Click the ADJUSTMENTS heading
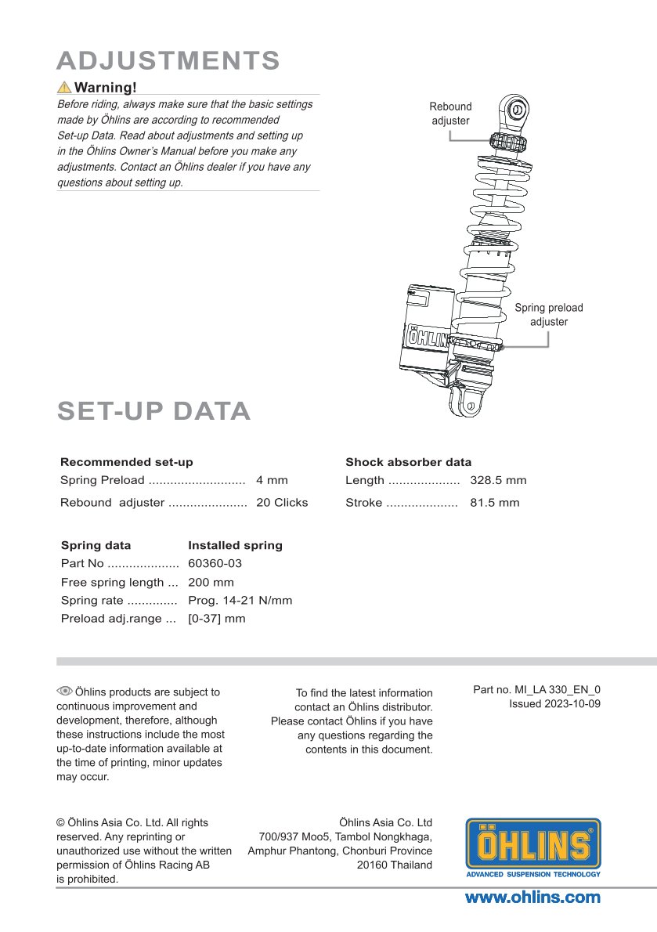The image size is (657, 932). pyautogui.click(x=168, y=60)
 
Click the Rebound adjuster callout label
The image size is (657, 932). pyautogui.click(x=450, y=114)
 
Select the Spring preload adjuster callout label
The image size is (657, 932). pyautogui.click(x=548, y=315)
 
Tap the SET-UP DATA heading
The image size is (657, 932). pyautogui.click(x=153, y=411)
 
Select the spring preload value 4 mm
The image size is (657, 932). pyautogui.click(x=272, y=480)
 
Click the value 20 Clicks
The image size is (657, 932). pyautogui.click(x=282, y=503)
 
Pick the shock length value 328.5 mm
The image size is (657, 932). pyautogui.click(x=498, y=480)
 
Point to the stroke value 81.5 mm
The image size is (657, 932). pyautogui.click(x=494, y=503)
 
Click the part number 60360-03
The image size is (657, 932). pyautogui.click(x=215, y=564)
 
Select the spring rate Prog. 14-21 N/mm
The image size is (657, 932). pyautogui.click(x=240, y=601)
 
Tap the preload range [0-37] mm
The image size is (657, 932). pyautogui.click(x=216, y=619)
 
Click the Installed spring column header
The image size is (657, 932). pyautogui.click(x=235, y=545)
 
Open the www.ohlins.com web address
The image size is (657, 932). pyautogui.click(x=532, y=898)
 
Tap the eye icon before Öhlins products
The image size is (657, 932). pyautogui.click(x=64, y=691)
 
